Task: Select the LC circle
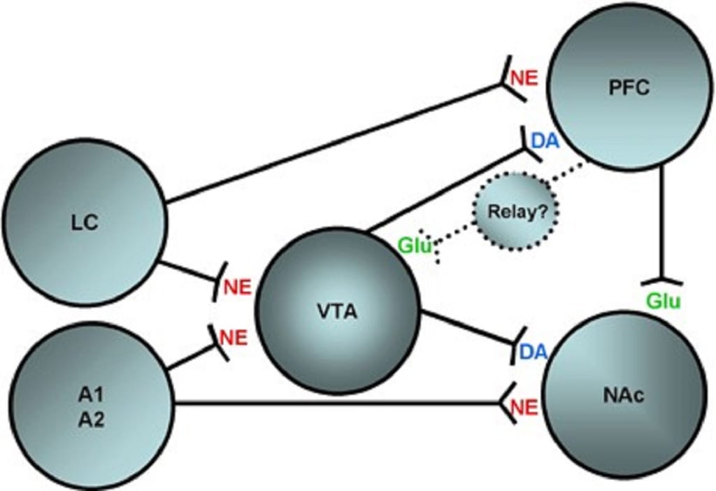(84, 222)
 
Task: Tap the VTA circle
(336, 311)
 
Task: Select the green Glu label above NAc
(664, 300)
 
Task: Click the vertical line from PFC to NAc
(661, 224)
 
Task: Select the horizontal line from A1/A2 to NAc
(336, 402)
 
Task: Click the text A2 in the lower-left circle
(91, 422)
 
